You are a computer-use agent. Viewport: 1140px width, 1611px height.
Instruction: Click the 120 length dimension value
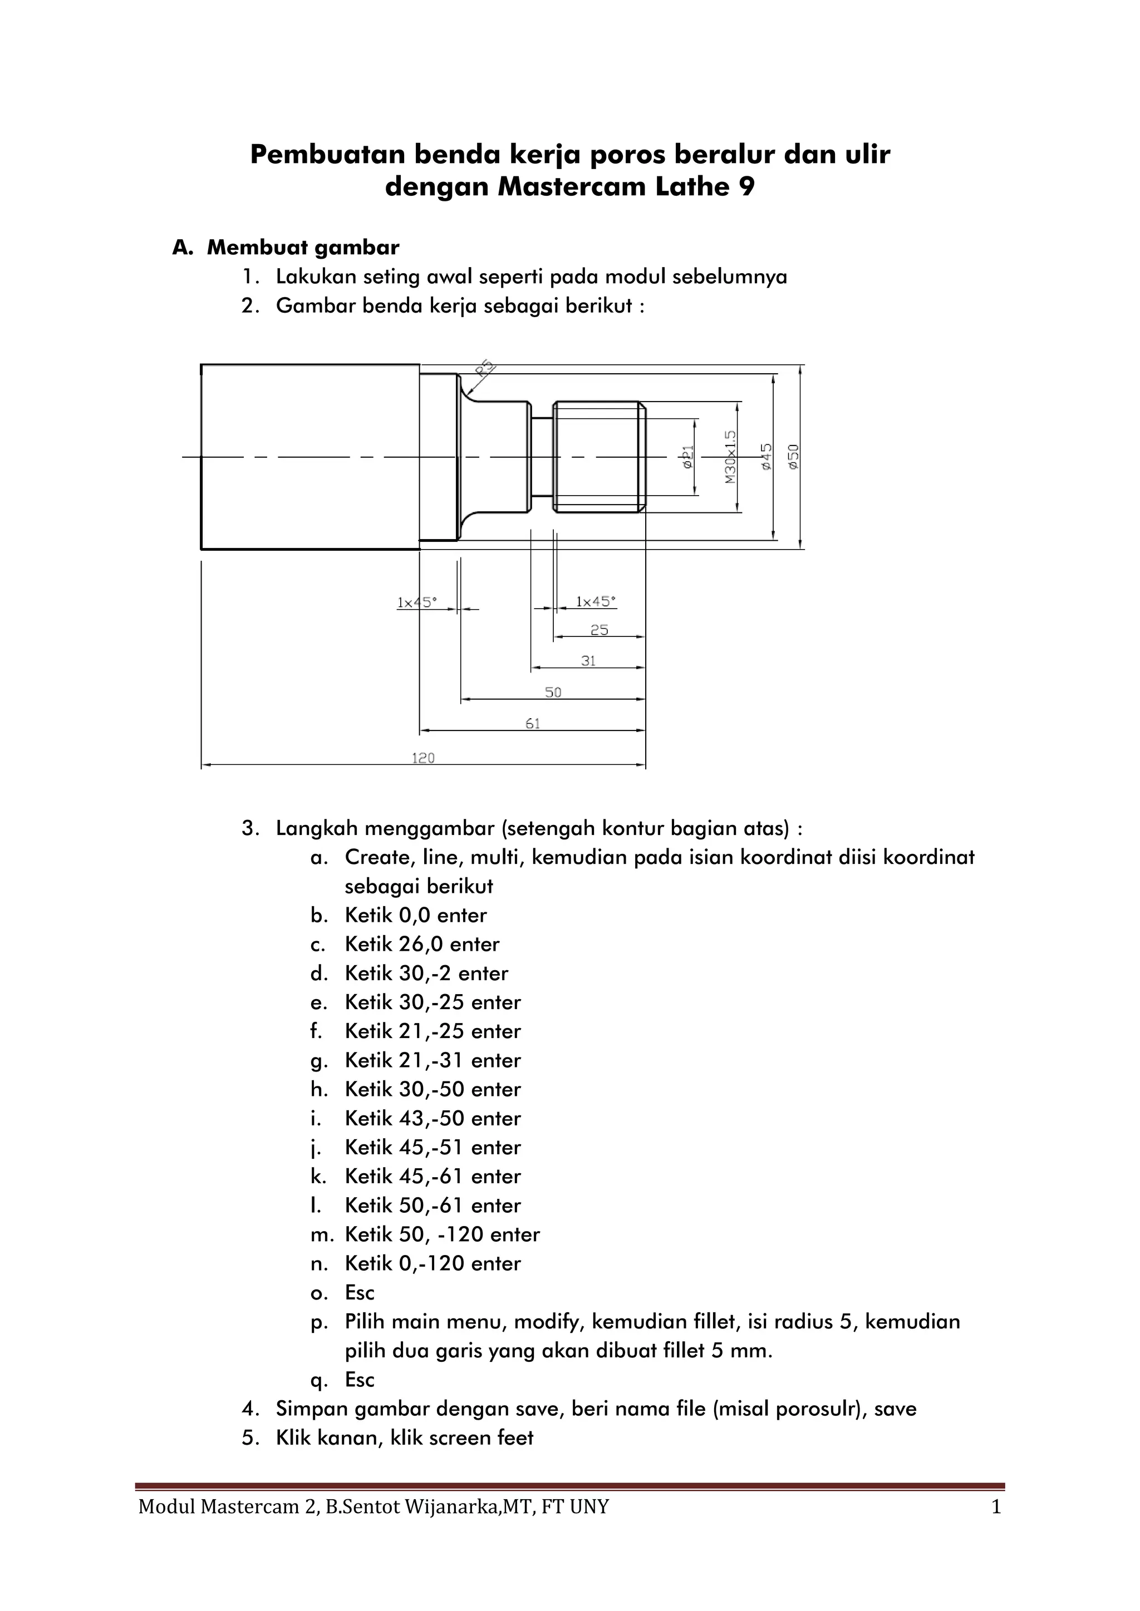tap(423, 758)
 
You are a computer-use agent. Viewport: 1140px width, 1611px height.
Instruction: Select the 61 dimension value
tap(533, 723)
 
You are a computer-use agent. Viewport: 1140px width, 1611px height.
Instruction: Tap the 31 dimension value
tap(588, 660)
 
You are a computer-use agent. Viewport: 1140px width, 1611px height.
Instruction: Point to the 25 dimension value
tap(599, 630)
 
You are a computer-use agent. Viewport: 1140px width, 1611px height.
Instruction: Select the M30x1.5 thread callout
tap(731, 457)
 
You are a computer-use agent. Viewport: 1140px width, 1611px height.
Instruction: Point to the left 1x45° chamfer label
tap(416, 602)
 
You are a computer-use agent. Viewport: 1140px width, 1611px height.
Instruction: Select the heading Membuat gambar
tap(303, 248)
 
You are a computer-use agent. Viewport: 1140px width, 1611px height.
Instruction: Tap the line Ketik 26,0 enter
tap(422, 945)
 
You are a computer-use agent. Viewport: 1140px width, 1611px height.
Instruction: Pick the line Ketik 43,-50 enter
tap(433, 1119)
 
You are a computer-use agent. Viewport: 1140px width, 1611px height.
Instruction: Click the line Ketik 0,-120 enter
tap(433, 1264)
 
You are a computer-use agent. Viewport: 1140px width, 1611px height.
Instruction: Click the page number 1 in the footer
tap(996, 1506)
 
